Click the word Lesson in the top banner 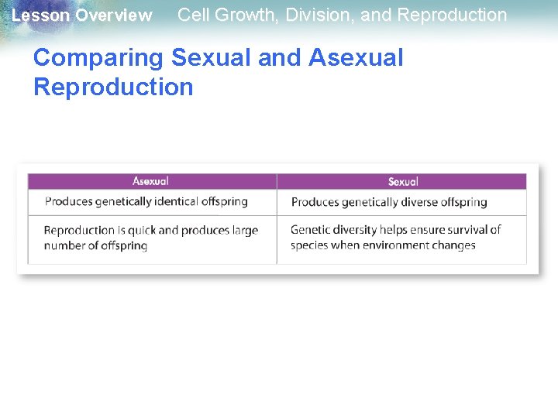click(41, 15)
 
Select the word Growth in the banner click(243, 15)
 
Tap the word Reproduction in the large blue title click(113, 87)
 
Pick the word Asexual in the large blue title click(356, 58)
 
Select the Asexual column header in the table click(150, 181)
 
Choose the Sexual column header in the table click(403, 182)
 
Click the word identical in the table click(170, 201)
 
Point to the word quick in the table click(140, 230)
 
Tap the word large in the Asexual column click(242, 230)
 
